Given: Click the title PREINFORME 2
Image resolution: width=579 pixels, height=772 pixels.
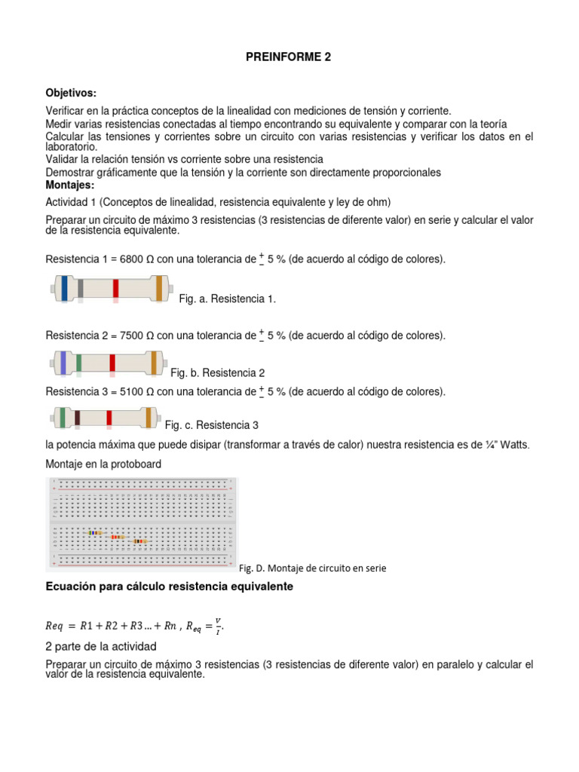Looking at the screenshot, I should tap(289, 57).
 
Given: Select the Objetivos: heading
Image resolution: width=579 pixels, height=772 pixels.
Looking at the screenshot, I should tap(72, 93).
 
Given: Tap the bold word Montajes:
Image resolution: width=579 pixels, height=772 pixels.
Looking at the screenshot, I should tap(70, 185).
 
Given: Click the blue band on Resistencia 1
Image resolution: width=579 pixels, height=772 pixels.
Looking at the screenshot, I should tap(66, 288).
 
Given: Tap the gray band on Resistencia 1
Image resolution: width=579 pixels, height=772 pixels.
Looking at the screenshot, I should tap(81, 288).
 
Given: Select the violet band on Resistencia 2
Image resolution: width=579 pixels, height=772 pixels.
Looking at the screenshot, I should tap(63, 363).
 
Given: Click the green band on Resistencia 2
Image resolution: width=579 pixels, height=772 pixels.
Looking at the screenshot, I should tap(78, 363).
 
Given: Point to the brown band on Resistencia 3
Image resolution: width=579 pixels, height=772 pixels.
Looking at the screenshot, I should tap(78, 417).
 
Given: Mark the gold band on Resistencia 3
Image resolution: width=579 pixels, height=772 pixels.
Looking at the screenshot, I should tap(151, 417).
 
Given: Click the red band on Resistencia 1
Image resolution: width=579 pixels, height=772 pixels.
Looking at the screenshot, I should tap(116, 288).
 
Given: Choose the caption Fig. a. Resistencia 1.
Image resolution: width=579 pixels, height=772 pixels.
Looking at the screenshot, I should tap(228, 299).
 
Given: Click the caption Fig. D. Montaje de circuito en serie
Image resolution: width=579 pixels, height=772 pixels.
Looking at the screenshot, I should tap(312, 568).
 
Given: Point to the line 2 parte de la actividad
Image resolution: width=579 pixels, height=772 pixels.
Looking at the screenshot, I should tap(101, 647).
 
